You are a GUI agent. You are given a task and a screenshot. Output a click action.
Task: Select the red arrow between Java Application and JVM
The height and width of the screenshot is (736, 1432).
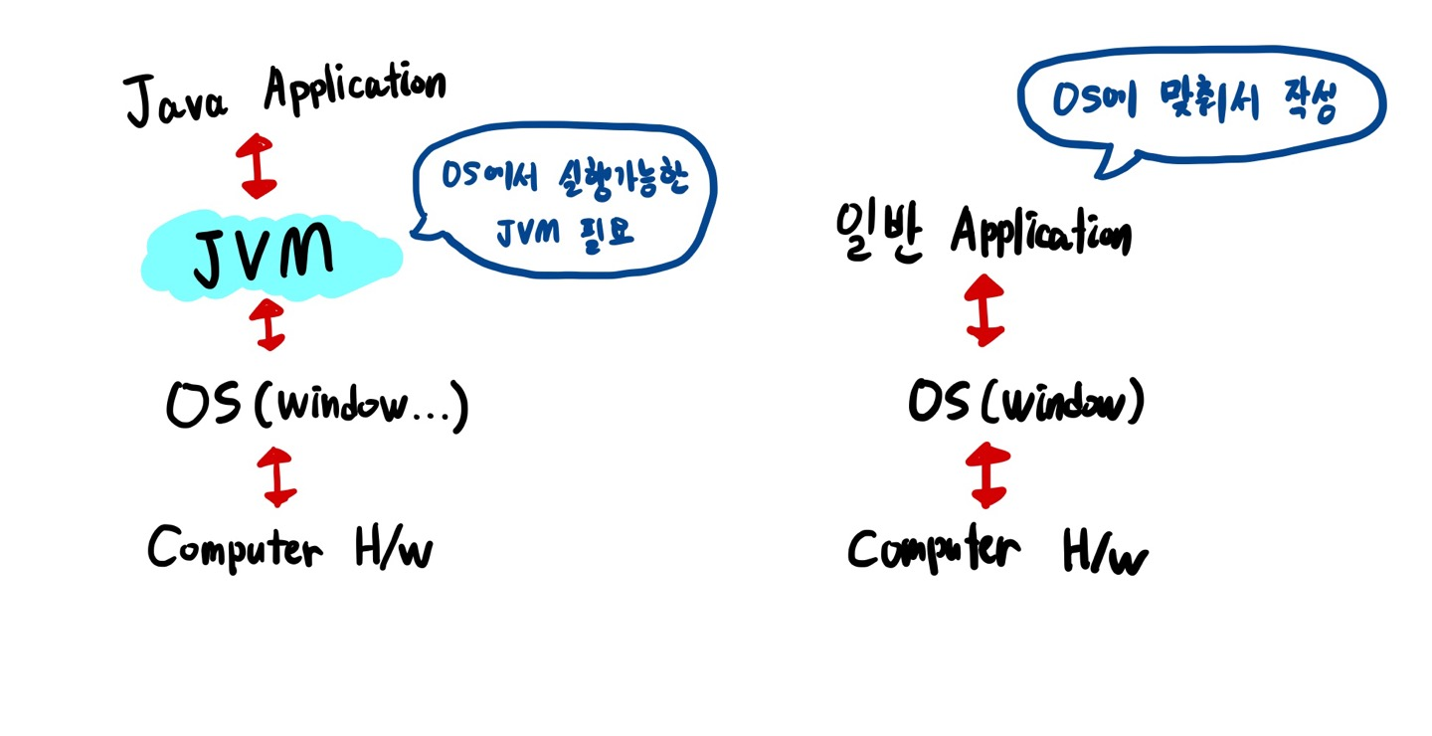click(x=258, y=164)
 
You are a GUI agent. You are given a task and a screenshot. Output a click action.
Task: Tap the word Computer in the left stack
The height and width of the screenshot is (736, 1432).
click(x=235, y=546)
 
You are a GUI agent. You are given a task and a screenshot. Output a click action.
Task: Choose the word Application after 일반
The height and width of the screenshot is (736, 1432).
click(x=1040, y=234)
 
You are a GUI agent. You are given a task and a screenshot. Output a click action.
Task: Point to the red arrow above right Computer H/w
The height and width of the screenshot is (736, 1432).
click(x=986, y=475)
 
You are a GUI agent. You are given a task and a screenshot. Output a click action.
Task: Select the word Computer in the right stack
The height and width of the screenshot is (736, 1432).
click(x=934, y=550)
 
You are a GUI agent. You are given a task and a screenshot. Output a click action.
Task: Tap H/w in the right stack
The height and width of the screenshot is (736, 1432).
click(x=1105, y=553)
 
